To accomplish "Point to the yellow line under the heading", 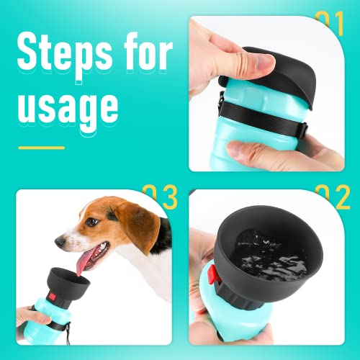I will pyautogui.click(x=41, y=148).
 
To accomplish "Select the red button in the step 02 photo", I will pyautogui.click(x=212, y=274).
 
